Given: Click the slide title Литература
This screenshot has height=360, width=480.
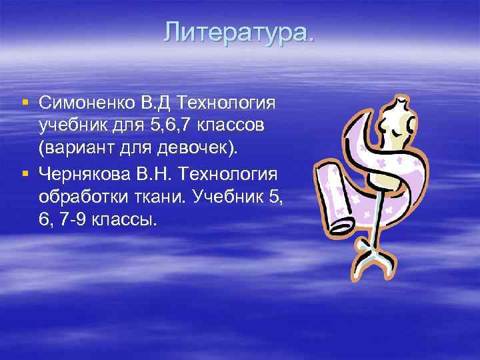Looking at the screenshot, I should pyautogui.click(x=239, y=32).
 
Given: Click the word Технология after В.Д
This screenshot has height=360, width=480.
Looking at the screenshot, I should pyautogui.click(x=227, y=103).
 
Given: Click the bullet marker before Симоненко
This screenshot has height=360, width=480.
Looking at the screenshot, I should pyautogui.click(x=25, y=103).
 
